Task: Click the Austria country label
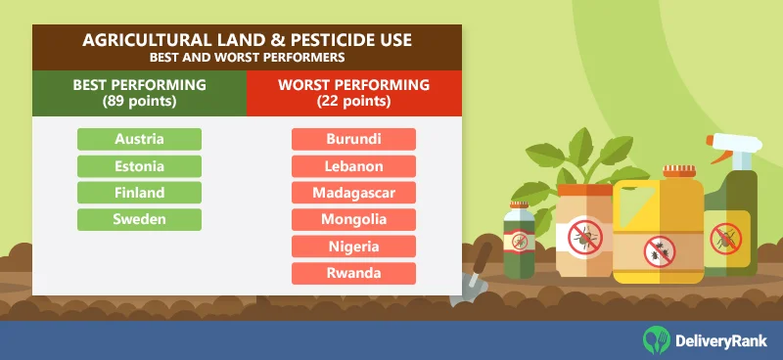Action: coord(139,139)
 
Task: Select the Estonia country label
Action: coord(139,166)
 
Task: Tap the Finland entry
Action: coord(139,193)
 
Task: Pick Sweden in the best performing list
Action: coord(139,219)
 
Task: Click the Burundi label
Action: coord(353,139)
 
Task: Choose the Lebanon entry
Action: coord(353,166)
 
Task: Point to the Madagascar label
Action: coord(353,193)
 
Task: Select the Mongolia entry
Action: coord(353,219)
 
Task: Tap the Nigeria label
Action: coord(353,246)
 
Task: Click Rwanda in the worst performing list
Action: coord(353,273)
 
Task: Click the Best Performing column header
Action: coord(139,93)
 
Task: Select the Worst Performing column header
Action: coord(353,93)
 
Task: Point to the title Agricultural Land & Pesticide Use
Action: coord(247,40)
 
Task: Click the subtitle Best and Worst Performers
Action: coord(247,57)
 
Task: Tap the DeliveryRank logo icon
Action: coord(657,338)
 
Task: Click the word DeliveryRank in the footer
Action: coord(721,339)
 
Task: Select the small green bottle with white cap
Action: coord(518,239)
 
